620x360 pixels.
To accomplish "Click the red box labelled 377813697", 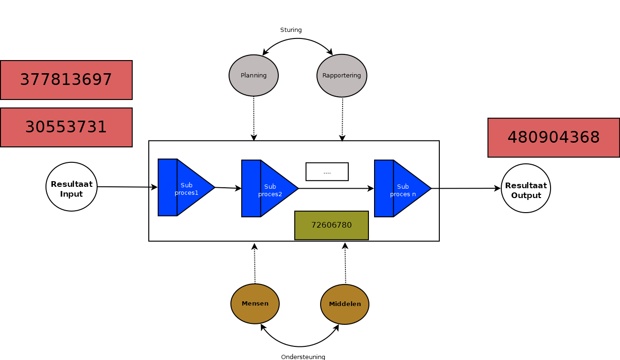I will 66,80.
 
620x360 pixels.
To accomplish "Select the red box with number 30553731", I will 66,127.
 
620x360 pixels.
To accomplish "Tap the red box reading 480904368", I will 553,138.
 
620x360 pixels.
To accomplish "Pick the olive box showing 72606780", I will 331,225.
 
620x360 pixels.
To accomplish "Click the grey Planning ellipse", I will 253,76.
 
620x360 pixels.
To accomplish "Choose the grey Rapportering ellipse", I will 342,76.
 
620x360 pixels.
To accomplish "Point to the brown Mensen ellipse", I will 255,304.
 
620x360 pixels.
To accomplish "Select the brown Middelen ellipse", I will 344,304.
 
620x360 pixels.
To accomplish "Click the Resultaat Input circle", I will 71,187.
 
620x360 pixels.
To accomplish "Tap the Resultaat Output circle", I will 526,188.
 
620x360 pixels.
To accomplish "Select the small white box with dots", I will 327,172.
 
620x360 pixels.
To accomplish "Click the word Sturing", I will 291,30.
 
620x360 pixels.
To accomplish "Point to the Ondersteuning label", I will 303,357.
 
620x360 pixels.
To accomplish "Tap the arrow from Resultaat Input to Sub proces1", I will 127,187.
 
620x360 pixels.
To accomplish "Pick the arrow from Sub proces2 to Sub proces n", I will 336,189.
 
